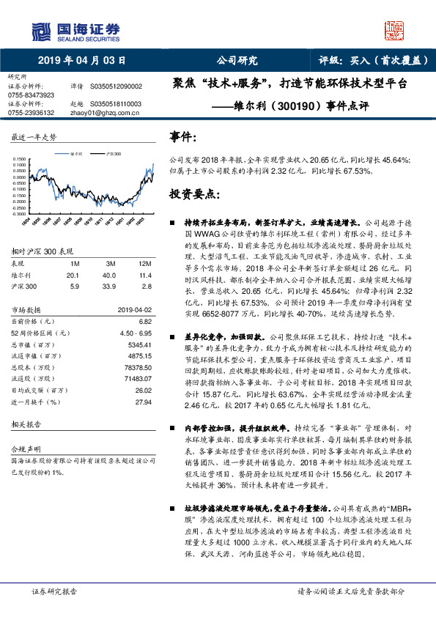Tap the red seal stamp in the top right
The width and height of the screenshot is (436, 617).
point(396,30)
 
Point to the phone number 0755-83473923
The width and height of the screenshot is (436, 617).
point(30,95)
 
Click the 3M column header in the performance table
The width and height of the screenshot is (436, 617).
point(111,262)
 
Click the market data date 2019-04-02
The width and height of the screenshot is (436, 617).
point(136,310)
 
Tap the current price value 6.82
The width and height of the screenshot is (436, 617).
point(144,321)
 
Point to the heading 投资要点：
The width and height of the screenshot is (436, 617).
point(194,194)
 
